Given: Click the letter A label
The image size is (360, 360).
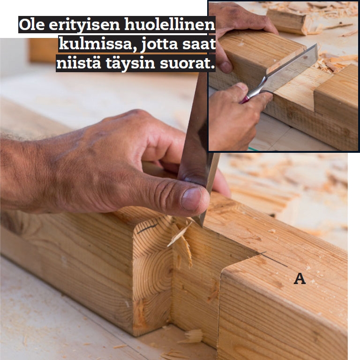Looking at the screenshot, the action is pyautogui.click(x=300, y=278).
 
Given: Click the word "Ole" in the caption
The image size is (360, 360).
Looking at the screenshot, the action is pyautogui.click(x=32, y=25).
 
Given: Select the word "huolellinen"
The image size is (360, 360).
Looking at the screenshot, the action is pyautogui.click(x=170, y=25).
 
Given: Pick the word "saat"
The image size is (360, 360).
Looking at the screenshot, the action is pyautogui.click(x=199, y=45).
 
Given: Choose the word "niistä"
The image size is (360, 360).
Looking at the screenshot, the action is pyautogui.click(x=79, y=63).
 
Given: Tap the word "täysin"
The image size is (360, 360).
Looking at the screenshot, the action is pyautogui.click(x=130, y=64).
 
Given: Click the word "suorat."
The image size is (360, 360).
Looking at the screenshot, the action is pyautogui.click(x=187, y=64).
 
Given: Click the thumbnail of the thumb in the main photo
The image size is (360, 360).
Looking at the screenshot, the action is pyautogui.click(x=191, y=199).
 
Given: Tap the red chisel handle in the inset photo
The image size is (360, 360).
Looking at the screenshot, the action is pyautogui.click(x=244, y=100).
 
